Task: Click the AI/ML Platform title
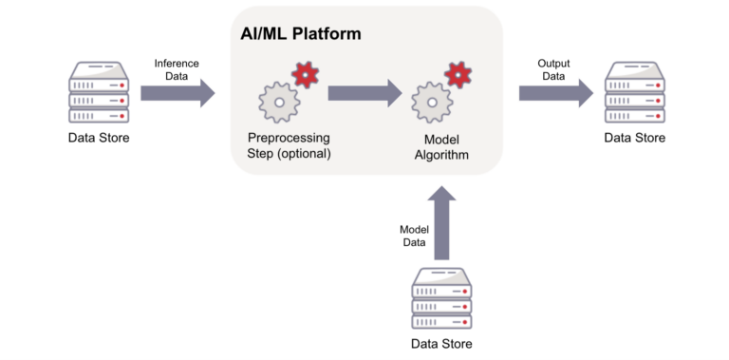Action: pyautogui.click(x=300, y=33)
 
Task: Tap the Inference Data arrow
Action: pyautogui.click(x=178, y=93)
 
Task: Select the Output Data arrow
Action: pyautogui.click(x=555, y=93)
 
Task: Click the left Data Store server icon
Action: pyautogui.click(x=99, y=92)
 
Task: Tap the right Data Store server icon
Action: pyautogui.click(x=634, y=92)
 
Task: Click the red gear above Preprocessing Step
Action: pyautogui.click(x=305, y=73)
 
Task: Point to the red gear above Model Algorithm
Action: pyautogui.click(x=458, y=73)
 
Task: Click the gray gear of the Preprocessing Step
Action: pyautogui.click(x=279, y=102)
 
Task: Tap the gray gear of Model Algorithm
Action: pyautogui.click(x=433, y=102)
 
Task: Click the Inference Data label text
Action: pyautogui.click(x=178, y=69)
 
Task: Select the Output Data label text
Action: pyautogui.click(x=553, y=69)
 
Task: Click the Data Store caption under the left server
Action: pyautogui.click(x=99, y=139)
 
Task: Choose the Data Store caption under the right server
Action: pyautogui.click(x=634, y=139)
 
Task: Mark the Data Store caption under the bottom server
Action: pyautogui.click(x=440, y=344)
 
